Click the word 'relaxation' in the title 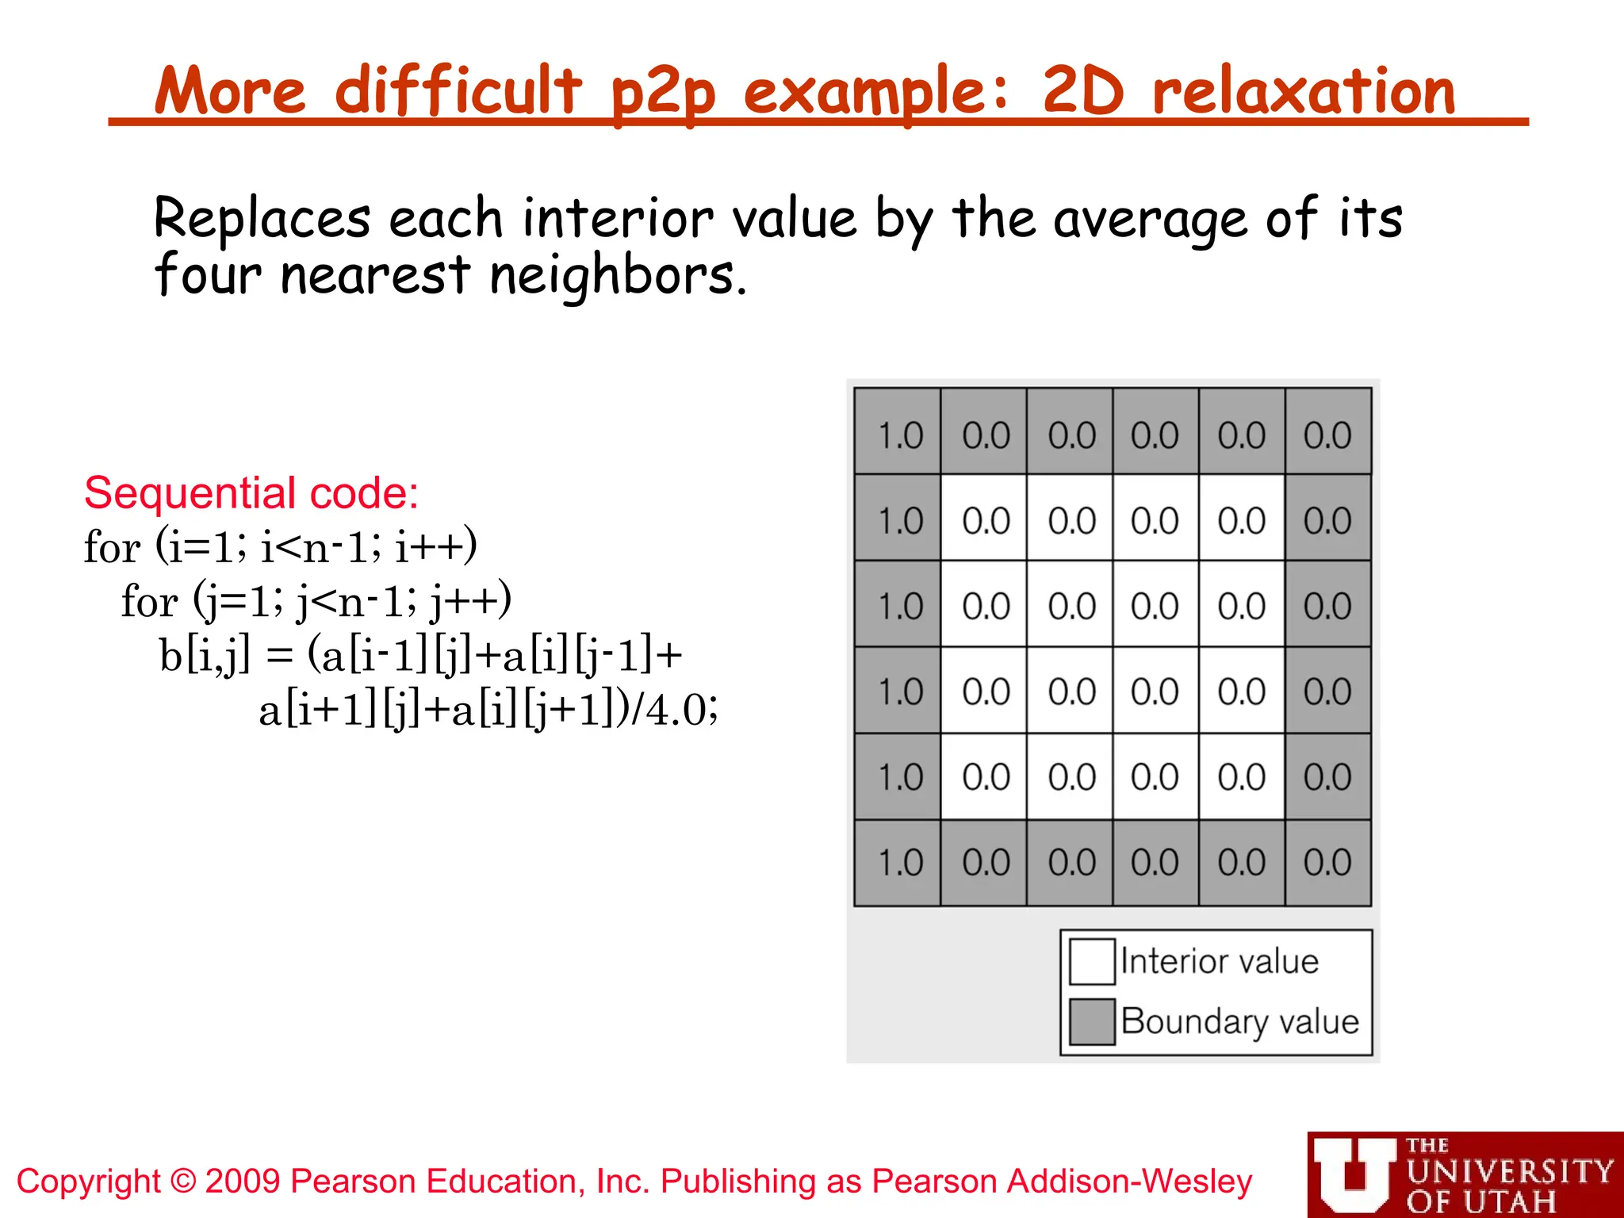pyautogui.click(x=1304, y=91)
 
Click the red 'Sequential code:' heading pyautogui.click(x=251, y=493)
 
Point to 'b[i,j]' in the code pyautogui.click(x=205, y=656)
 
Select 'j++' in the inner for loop pyautogui.click(x=469, y=601)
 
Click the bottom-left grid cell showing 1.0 pyautogui.click(x=898, y=863)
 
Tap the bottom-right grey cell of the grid pyautogui.click(x=1328, y=863)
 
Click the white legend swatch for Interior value pyautogui.click(x=1092, y=961)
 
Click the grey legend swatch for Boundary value pyautogui.click(x=1092, y=1021)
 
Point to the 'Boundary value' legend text pyautogui.click(x=1240, y=1021)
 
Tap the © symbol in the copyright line pyautogui.click(x=183, y=1182)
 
